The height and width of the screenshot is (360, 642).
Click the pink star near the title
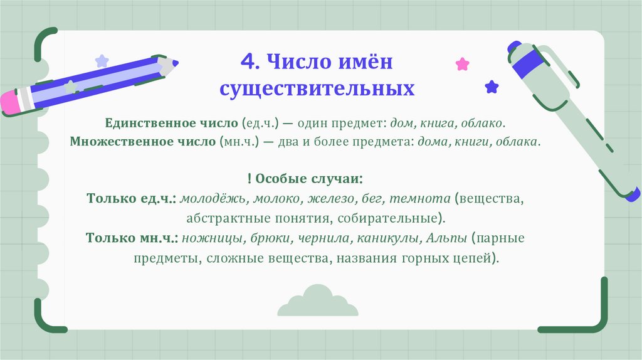pos(462,63)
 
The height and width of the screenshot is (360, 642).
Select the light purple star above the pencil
pos(102,61)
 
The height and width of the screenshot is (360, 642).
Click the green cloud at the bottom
pos(317,300)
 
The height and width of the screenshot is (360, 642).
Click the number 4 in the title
pos(248,62)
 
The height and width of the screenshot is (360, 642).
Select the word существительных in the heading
pos(317,88)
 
